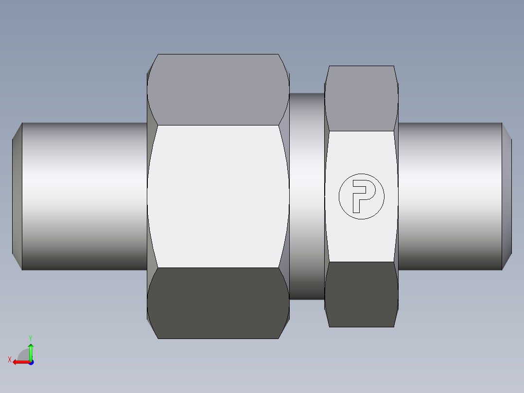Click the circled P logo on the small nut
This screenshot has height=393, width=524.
pyautogui.click(x=362, y=196)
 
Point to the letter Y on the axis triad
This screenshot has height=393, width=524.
pyautogui.click(x=31, y=338)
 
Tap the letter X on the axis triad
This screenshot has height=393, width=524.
pyautogui.click(x=9, y=360)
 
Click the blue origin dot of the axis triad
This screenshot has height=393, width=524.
pyautogui.click(x=31, y=362)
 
